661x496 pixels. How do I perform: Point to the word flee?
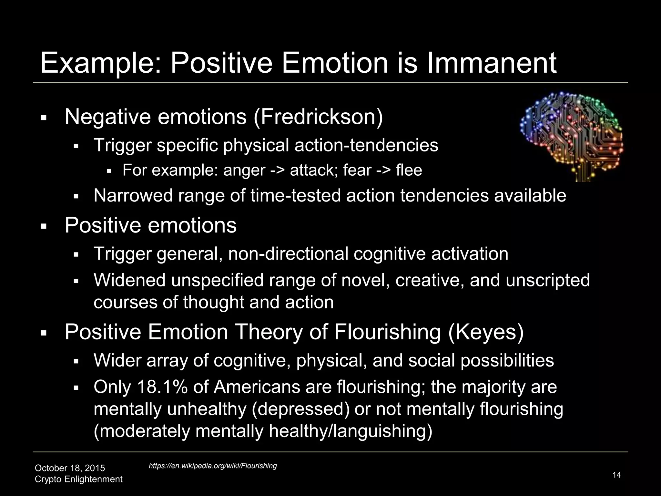(409, 170)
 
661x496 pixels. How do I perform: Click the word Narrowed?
(133, 196)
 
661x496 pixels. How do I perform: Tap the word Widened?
(129, 280)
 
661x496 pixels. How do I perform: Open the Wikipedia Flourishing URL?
(213, 466)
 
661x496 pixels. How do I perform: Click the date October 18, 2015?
(70, 468)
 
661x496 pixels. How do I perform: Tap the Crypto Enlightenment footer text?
(78, 479)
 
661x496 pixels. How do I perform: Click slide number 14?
(616, 475)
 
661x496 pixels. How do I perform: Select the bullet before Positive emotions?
(44, 226)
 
